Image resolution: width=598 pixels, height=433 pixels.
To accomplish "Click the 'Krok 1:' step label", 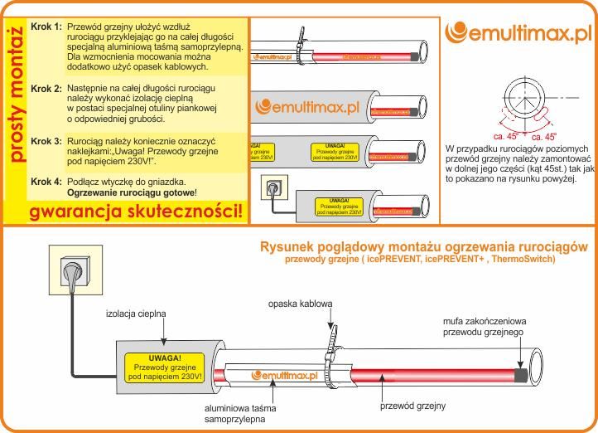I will pos(46,27).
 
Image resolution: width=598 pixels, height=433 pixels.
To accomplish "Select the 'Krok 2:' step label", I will pos(46,88).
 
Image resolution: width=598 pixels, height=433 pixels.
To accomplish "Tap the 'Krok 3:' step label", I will pos(46,142).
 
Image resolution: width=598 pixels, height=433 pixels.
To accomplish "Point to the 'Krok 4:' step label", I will pos(46,181).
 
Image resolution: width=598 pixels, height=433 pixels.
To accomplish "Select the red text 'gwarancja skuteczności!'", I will pos(137,212).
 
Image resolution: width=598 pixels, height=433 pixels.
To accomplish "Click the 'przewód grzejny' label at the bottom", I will pos(412,406).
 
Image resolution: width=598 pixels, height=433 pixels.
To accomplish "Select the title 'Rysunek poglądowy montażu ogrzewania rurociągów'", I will pos(423,247).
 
